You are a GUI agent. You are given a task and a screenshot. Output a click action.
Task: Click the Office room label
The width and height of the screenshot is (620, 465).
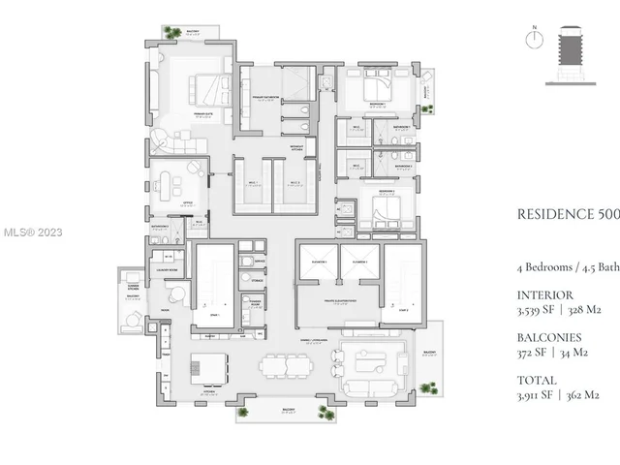(187, 204)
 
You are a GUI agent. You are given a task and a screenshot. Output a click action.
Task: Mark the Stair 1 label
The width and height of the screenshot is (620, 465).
(213, 315)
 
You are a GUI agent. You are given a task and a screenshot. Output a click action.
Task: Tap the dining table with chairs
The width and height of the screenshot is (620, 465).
(288, 367)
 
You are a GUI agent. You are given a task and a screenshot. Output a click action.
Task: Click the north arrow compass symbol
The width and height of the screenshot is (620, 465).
(531, 40)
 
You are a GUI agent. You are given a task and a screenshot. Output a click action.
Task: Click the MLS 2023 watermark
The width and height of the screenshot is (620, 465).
(32, 232)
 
